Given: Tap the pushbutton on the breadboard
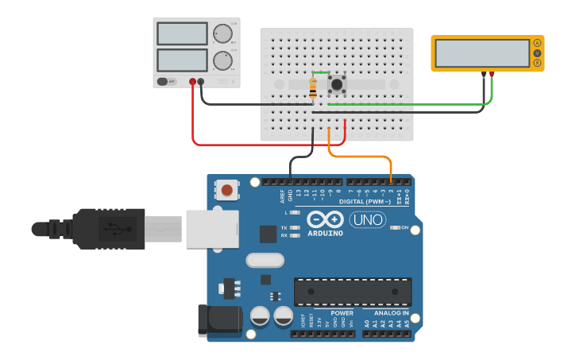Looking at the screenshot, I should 338,83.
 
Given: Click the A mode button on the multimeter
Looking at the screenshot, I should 538,43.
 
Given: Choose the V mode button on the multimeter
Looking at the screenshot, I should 538,52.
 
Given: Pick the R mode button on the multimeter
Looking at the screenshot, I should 538,63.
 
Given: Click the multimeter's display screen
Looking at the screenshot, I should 482,53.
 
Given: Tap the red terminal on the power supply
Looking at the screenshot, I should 192,81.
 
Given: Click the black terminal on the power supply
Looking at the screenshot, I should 201,81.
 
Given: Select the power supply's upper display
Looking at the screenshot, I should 182,33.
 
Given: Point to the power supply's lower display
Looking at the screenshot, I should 182,60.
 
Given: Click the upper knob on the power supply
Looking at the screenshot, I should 222,34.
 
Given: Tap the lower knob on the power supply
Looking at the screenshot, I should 222,60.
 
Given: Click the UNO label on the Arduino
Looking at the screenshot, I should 368,220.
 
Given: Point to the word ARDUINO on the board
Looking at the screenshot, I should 326,234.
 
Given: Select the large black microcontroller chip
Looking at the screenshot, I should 353,292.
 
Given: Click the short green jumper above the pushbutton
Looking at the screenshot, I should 321,72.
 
